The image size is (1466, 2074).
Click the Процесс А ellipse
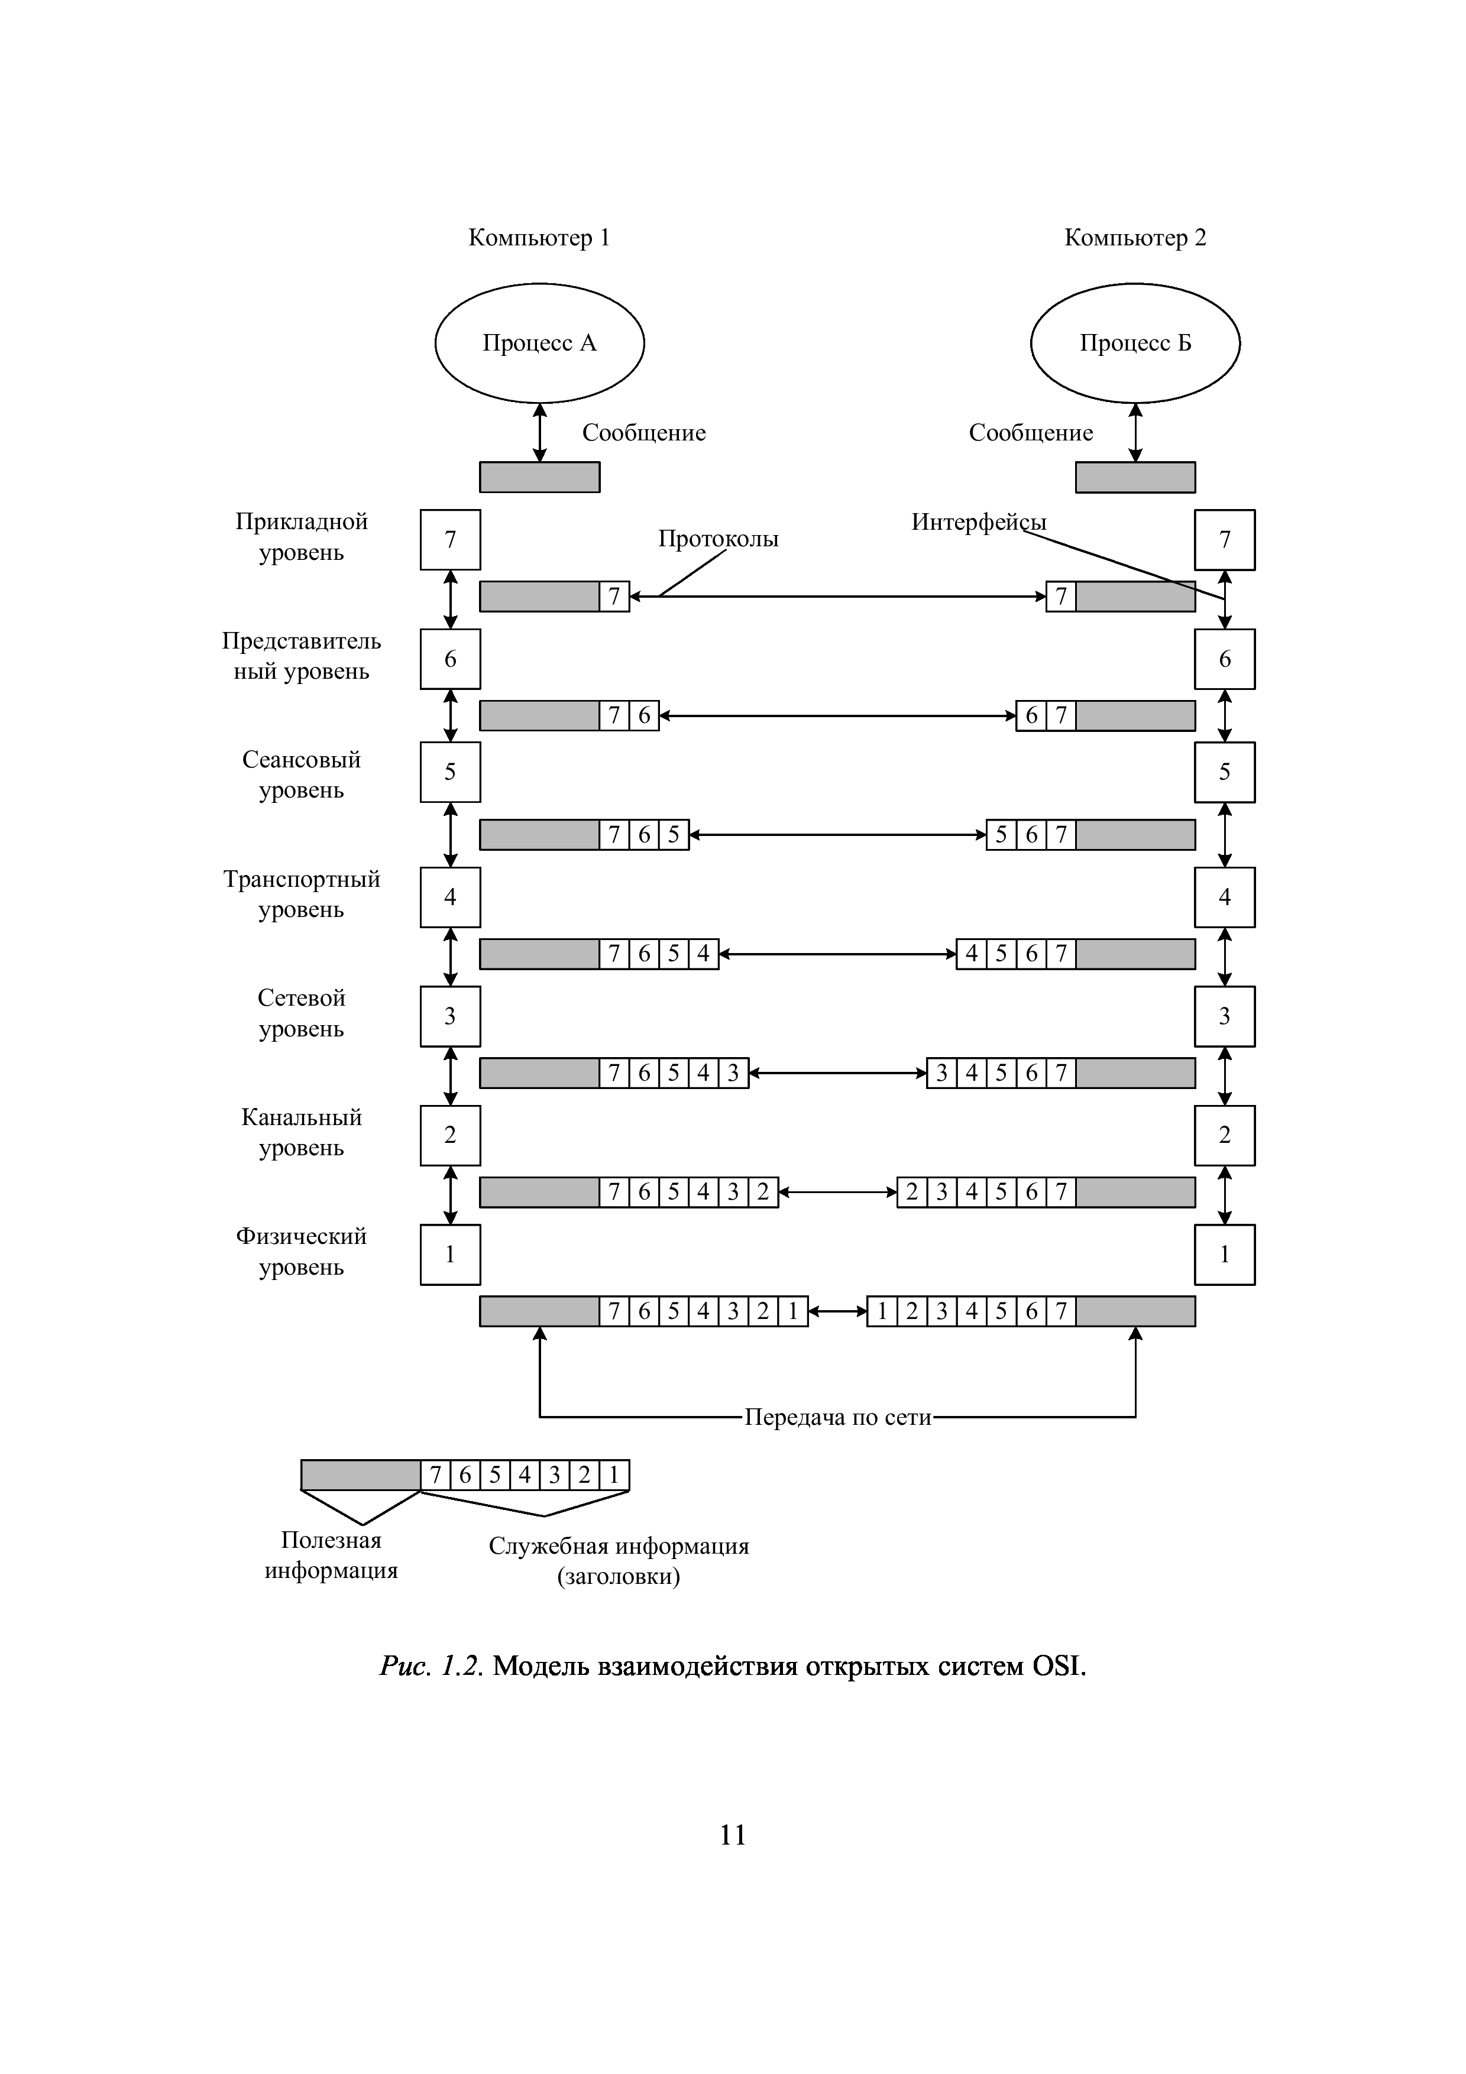pos(539,343)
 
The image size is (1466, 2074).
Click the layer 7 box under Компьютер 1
pos(450,539)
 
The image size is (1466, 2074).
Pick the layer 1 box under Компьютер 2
pos(1224,1254)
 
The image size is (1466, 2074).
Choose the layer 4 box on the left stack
pos(450,897)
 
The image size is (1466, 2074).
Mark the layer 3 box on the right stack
pos(1224,1016)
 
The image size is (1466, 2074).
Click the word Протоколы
pos(718,539)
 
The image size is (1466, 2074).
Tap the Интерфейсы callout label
pos(978,522)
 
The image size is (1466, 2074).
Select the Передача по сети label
pos(837,1417)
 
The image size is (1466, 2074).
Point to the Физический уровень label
pos(301,1251)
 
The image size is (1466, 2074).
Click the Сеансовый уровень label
pos(301,774)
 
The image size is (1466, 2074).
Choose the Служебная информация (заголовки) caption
pos(619,1561)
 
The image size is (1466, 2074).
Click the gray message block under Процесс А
pos(539,477)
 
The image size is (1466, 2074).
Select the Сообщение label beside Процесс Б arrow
pos(1031,433)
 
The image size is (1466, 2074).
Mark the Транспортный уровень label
pos(301,893)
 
